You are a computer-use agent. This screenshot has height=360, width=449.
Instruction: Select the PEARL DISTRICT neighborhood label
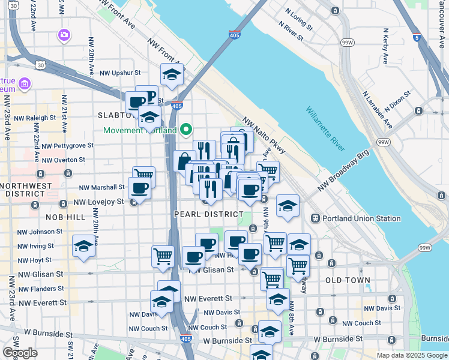[203, 214]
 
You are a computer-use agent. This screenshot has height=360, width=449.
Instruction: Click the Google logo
[20, 353]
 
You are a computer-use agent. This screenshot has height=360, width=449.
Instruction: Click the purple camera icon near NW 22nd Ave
[64, 35]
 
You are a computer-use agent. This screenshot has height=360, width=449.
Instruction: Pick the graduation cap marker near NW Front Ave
[172, 74]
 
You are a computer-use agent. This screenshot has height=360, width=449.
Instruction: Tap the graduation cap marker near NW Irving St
[83, 245]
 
